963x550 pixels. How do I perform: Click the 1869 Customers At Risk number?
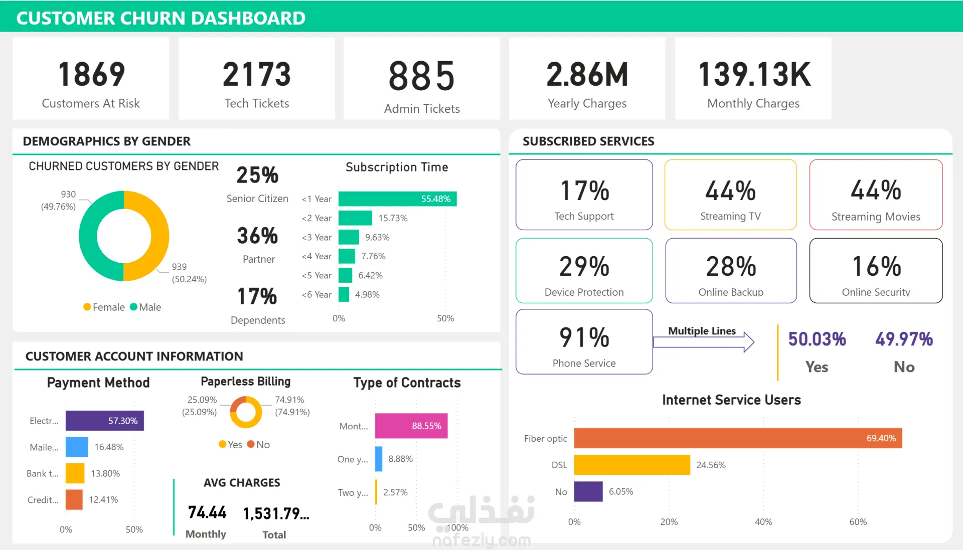tap(91, 74)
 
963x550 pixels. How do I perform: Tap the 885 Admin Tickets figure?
tap(422, 76)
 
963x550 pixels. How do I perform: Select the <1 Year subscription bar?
tap(397, 199)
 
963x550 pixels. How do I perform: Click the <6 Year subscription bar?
tap(344, 294)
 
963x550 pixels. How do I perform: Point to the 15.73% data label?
tap(393, 218)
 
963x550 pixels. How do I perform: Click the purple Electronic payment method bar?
tap(105, 421)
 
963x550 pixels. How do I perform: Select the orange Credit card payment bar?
tap(74, 499)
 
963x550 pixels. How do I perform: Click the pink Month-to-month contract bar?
tap(411, 426)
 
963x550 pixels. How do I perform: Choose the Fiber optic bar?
tap(738, 438)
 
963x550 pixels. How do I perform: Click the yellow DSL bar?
tap(632, 465)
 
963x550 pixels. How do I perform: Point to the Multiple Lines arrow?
tap(704, 342)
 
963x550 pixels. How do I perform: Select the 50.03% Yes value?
tap(817, 339)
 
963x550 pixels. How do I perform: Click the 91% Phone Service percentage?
tap(584, 337)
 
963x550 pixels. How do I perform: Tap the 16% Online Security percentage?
tap(877, 266)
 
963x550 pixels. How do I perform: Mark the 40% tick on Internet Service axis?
tap(763, 522)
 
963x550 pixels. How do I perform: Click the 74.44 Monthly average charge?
tap(207, 512)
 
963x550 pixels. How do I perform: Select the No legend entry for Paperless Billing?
tap(258, 445)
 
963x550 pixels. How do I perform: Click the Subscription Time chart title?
tap(397, 167)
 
